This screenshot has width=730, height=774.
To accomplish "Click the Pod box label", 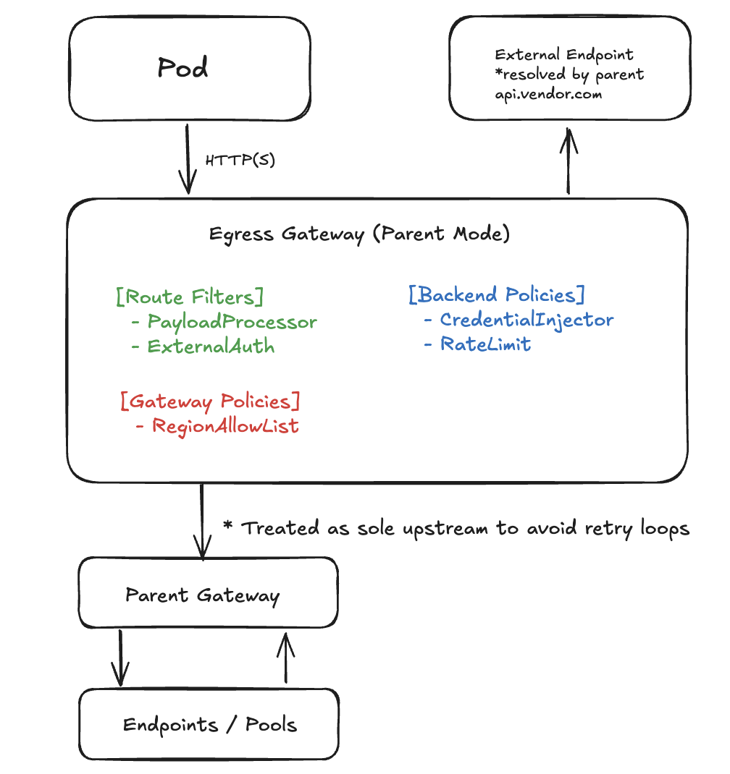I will tap(182, 68).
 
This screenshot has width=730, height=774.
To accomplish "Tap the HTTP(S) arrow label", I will tap(240, 161).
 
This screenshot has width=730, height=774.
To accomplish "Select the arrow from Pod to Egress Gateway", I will tap(188, 159).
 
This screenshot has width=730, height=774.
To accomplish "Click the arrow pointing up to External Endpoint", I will tap(569, 161).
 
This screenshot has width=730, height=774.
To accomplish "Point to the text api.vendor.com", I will tap(548, 94).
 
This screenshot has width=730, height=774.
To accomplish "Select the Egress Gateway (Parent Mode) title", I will tap(360, 234).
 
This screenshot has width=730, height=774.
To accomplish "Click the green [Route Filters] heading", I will tap(189, 297).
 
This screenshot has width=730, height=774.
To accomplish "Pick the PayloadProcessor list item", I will tap(232, 322).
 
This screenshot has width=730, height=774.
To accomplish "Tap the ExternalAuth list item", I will tap(211, 346).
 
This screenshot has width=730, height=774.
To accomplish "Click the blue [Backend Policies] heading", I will tap(497, 295).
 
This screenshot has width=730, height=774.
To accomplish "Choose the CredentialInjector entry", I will tap(526, 320).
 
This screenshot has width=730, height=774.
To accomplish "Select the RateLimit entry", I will tap(485, 344).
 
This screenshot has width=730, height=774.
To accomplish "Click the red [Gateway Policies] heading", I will tap(210, 401).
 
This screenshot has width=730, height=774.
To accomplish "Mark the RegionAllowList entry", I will tap(225, 426).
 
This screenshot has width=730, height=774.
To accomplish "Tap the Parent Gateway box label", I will tap(202, 595).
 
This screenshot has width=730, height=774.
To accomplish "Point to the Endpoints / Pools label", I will tap(210, 725).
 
